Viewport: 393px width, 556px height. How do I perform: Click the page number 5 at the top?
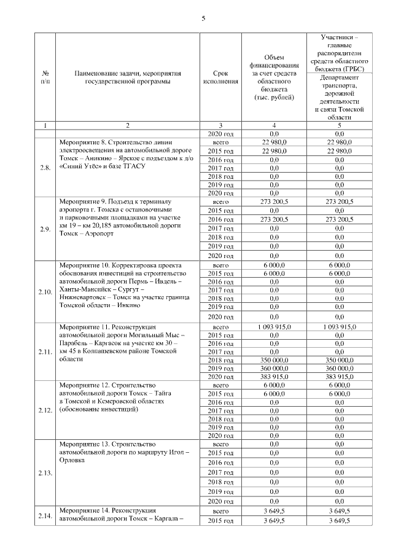(x=203, y=18)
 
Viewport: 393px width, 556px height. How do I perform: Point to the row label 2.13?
(x=44, y=473)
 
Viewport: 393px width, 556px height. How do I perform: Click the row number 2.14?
(x=44, y=515)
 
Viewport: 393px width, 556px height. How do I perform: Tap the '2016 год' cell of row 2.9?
(x=220, y=219)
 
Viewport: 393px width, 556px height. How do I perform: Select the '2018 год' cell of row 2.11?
(x=220, y=360)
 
